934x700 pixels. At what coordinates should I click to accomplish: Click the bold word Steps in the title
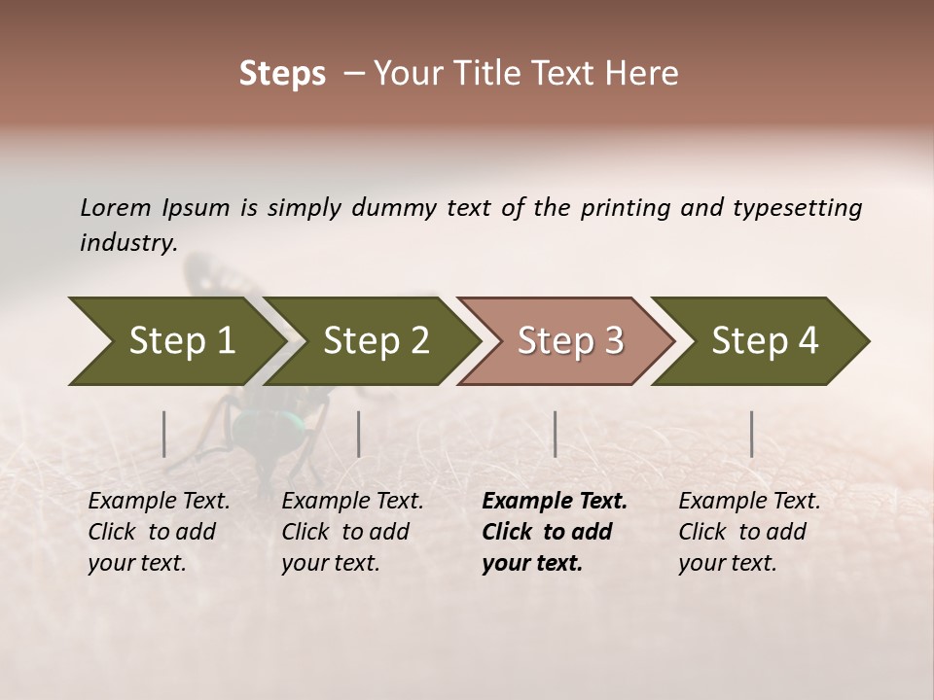point(282,74)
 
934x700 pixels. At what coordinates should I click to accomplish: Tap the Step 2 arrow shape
point(375,341)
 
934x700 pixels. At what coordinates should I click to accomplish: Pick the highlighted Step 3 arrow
point(569,341)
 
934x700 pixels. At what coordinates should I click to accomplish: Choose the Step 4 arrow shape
point(764,341)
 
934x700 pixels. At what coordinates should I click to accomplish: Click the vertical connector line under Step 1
point(164,434)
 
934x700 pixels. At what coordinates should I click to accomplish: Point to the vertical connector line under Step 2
point(359,434)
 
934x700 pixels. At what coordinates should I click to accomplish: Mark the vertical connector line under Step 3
point(555,434)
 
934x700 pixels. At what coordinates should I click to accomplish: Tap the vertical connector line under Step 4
point(751,434)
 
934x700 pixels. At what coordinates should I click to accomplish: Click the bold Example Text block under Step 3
point(555,532)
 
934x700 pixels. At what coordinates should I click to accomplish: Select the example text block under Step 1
point(159,532)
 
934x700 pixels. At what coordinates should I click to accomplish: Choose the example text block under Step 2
point(352,532)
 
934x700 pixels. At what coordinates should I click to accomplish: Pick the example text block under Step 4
point(749,532)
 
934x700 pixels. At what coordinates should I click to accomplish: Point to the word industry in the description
point(128,243)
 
